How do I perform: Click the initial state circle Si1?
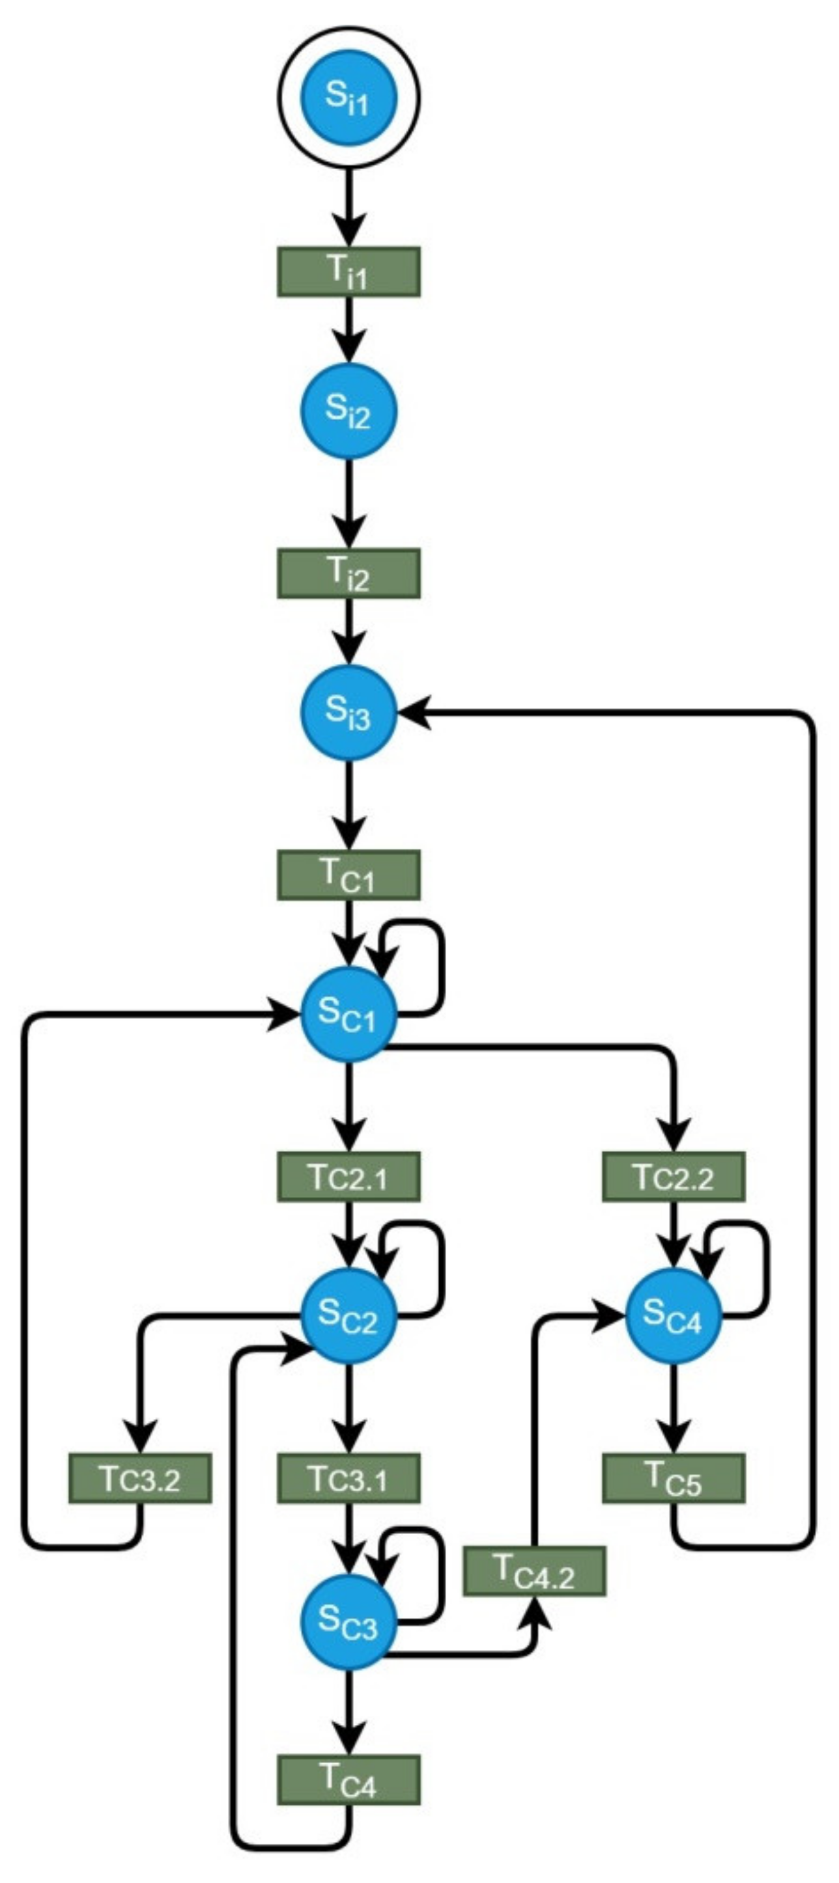[x=349, y=100]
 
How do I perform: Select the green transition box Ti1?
[x=349, y=272]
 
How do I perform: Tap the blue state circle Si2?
[x=349, y=411]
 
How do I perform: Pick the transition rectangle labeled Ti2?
[x=349, y=574]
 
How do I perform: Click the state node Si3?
[x=349, y=712]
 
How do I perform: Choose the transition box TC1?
[x=349, y=875]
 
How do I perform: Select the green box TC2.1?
[x=349, y=1177]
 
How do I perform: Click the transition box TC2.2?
[x=674, y=1177]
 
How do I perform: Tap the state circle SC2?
[x=349, y=1316]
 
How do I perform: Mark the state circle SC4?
[x=674, y=1316]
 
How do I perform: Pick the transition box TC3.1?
[x=349, y=1478]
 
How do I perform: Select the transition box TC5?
[x=674, y=1478]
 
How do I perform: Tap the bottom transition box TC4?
[x=349, y=1780]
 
